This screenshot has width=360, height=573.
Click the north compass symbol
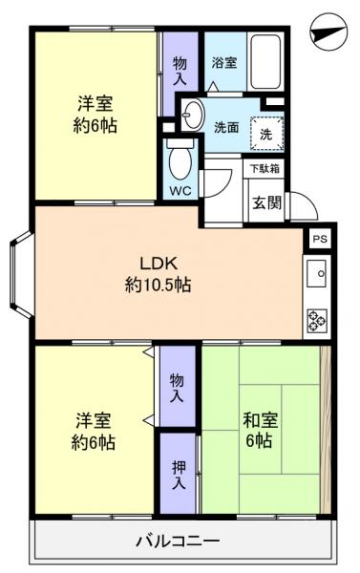328,31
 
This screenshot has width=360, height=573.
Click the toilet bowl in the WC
179,162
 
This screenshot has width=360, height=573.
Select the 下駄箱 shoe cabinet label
265,168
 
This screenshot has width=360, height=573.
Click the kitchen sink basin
317,275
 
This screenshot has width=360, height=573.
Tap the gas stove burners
317,320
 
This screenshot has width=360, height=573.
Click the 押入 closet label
179,474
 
